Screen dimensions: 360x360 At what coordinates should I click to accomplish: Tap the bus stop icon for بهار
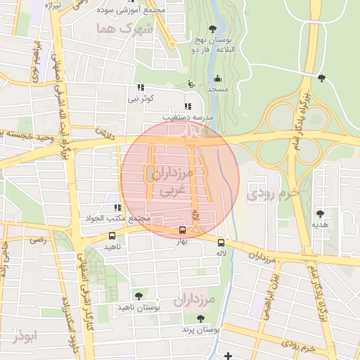(183, 230)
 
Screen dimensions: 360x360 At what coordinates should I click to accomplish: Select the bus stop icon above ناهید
(112, 236)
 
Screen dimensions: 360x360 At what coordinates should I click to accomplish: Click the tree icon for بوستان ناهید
(138, 296)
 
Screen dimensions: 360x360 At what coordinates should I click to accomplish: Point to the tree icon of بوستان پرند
(201, 319)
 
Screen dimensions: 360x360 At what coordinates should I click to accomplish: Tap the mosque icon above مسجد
(217, 79)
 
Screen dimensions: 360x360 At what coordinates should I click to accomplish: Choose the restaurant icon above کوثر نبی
(141, 88)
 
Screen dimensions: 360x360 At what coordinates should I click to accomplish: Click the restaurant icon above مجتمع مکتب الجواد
(117, 207)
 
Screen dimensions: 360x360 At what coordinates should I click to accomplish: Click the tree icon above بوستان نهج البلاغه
(212, 30)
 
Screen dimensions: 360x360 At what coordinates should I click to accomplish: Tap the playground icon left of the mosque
(191, 84)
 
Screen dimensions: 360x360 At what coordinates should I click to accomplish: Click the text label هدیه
(321, 224)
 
